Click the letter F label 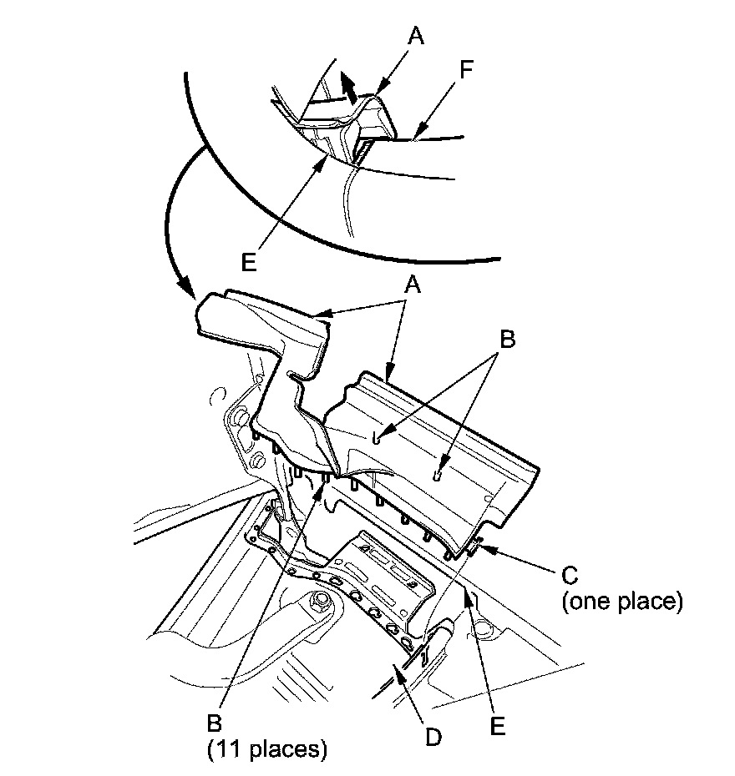pos(466,69)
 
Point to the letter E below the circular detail pos(247,260)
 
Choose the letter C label pos(568,575)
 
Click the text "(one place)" pos(621,602)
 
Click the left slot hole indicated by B pos(378,438)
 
